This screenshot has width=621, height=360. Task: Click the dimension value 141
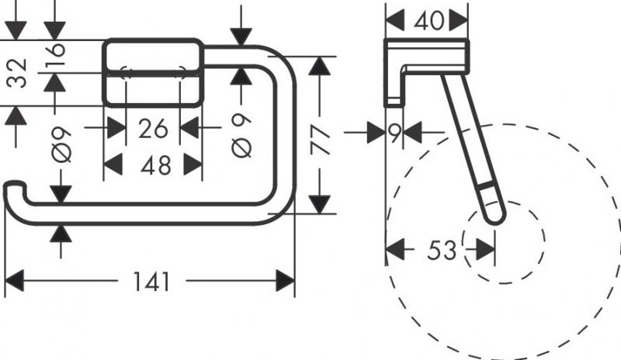151,281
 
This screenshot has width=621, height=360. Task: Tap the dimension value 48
154,164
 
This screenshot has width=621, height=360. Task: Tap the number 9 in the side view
395,133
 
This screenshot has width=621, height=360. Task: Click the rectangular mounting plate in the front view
154,73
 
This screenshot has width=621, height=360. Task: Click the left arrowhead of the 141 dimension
12,279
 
